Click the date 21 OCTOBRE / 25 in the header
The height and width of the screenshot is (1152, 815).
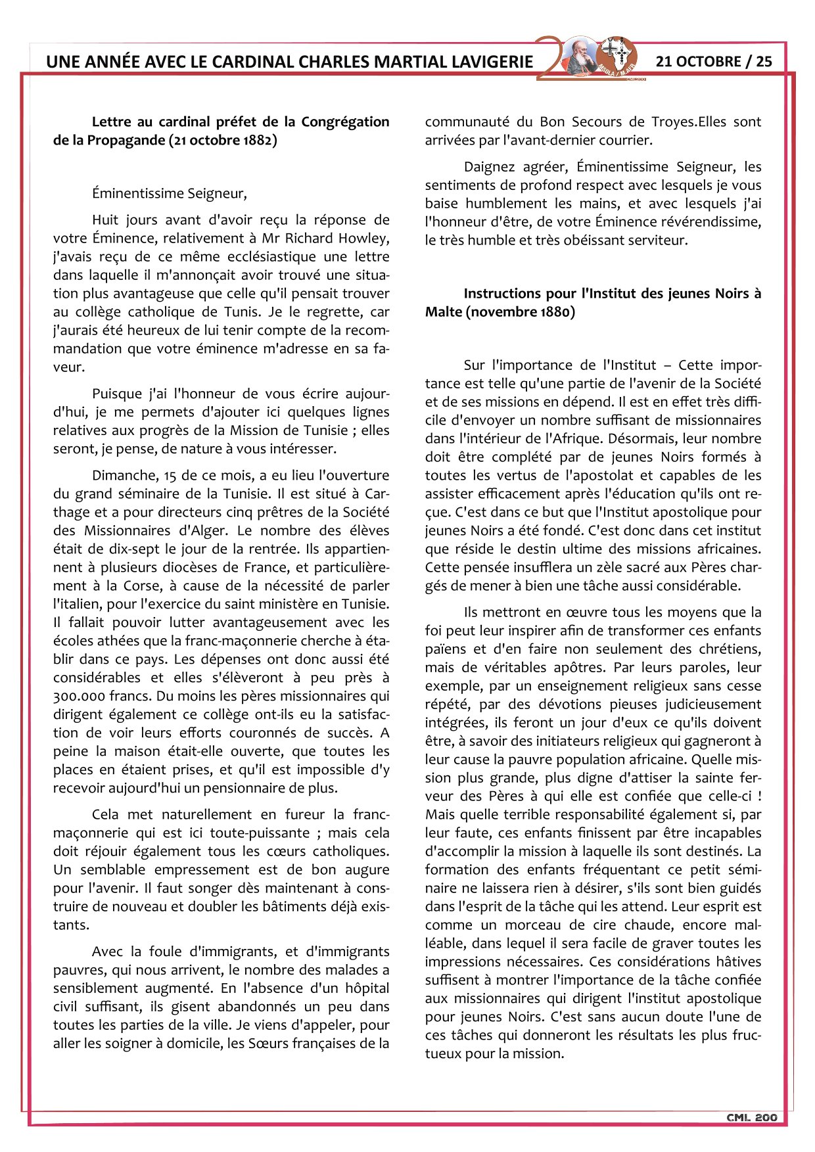tap(714, 61)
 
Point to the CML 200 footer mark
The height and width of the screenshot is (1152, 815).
tap(752, 1117)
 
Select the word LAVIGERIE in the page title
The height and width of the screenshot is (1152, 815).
tap(492, 62)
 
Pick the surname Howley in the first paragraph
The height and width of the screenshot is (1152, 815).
tap(364, 238)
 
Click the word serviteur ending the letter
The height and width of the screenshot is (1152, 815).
tap(659, 240)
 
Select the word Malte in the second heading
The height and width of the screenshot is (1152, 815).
tap(444, 311)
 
